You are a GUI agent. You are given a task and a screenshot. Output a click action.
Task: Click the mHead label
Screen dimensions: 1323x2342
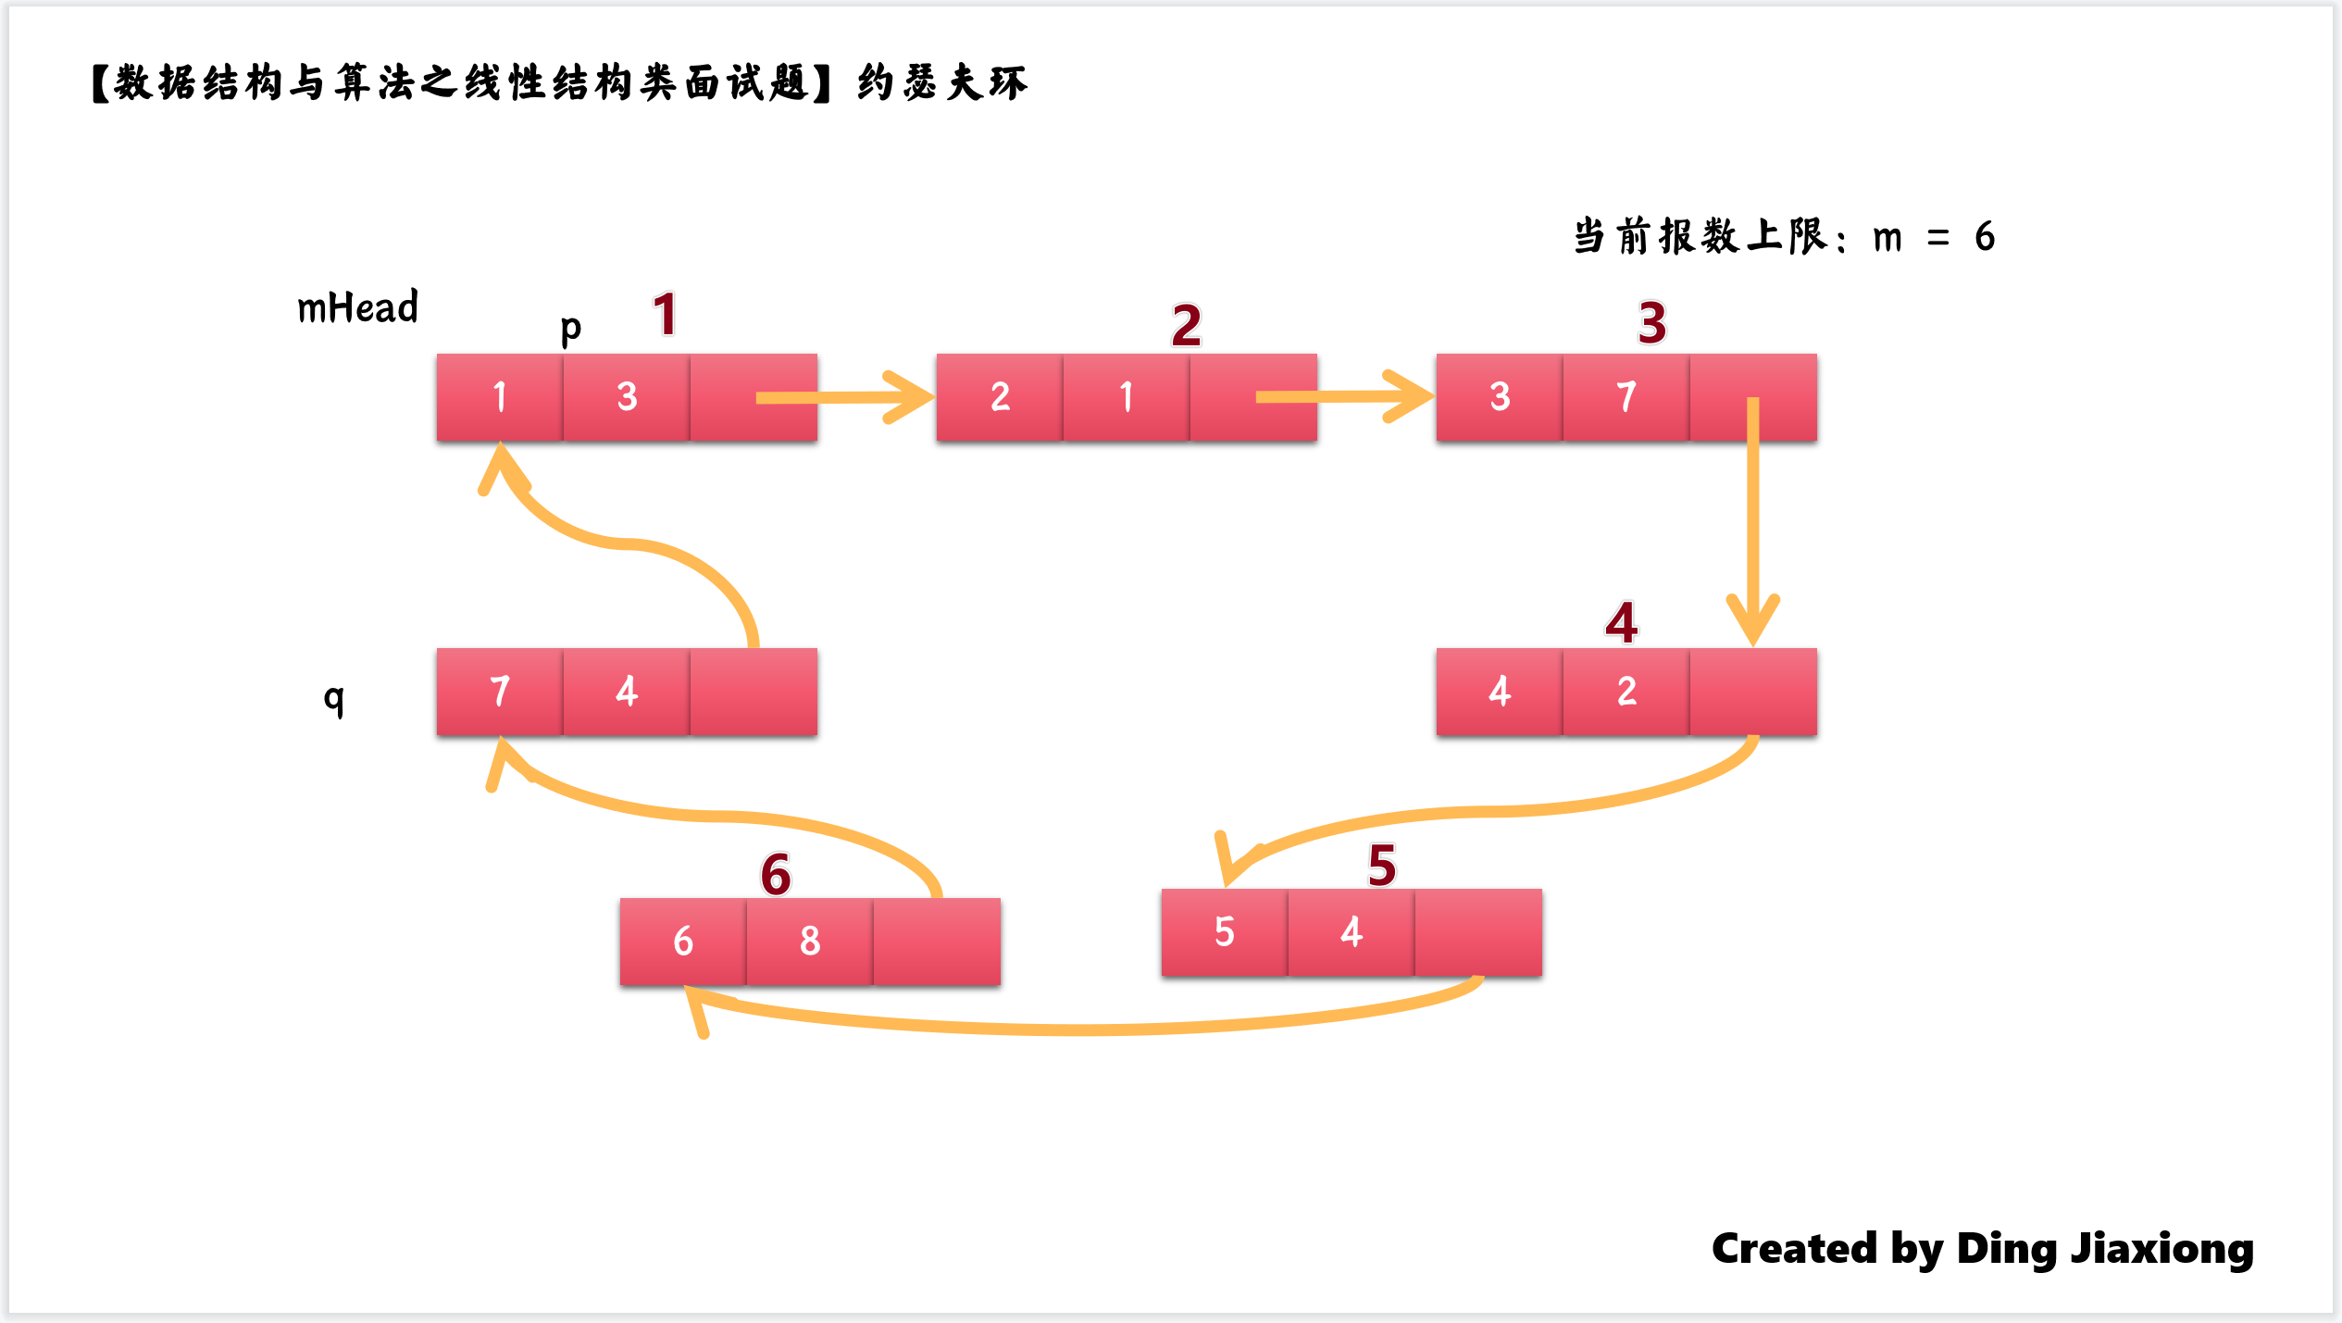click(x=357, y=307)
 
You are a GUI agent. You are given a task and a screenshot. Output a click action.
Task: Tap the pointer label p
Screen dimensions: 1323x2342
click(x=570, y=328)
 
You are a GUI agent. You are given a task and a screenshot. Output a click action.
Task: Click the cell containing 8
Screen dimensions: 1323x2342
click(x=810, y=941)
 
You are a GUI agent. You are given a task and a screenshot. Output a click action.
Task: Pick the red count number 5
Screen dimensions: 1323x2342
click(x=1381, y=866)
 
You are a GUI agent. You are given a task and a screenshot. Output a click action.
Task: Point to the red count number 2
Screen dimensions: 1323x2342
click(x=1186, y=325)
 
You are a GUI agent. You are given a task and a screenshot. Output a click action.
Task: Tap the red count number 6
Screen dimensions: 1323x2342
click(x=776, y=875)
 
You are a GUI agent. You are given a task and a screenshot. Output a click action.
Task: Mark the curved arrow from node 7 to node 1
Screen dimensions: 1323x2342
click(x=629, y=543)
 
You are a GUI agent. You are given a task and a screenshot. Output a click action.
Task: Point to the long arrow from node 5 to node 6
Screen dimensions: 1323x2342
click(x=1092, y=1028)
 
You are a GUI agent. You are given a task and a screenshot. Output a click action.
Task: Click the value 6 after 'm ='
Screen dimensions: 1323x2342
click(x=1984, y=237)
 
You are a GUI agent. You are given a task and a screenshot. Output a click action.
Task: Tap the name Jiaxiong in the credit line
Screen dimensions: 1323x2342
click(x=2161, y=1249)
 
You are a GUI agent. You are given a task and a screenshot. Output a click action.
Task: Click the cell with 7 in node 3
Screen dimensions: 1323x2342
click(x=1626, y=397)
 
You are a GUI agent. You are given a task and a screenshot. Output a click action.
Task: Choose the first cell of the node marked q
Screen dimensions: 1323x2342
click(x=500, y=692)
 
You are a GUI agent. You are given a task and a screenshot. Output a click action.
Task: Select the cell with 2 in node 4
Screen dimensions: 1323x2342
click(x=1626, y=692)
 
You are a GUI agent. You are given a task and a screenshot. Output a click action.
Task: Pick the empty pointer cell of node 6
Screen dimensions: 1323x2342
click(x=937, y=941)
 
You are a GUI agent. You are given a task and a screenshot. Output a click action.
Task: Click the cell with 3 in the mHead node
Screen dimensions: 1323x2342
click(x=627, y=397)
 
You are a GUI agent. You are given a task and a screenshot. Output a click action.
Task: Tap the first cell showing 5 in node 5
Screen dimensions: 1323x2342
click(x=1225, y=932)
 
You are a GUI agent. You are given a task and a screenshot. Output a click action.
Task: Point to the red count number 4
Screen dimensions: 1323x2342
click(x=1621, y=622)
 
